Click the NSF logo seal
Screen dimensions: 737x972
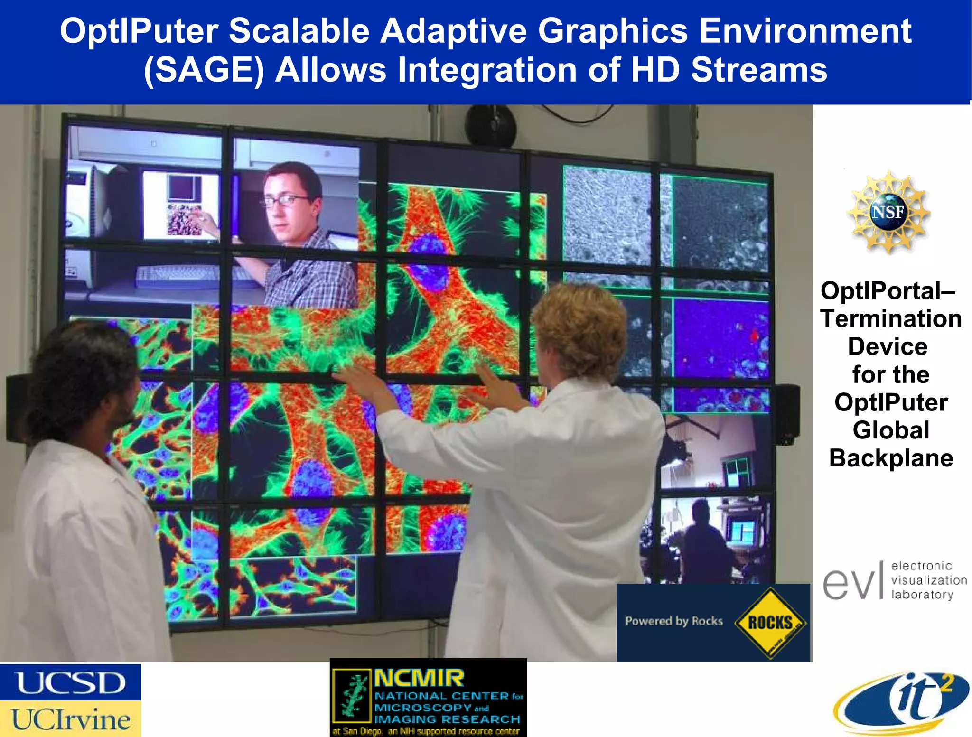coord(888,212)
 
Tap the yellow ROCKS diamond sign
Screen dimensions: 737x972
coord(770,622)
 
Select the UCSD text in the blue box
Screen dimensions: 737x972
coord(70,682)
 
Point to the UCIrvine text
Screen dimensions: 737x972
coord(70,719)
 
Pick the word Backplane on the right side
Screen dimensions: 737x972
coord(891,458)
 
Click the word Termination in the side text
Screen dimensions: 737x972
coord(891,318)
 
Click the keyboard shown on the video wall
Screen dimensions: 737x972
coord(190,275)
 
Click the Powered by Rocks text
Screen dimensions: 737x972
coord(673,621)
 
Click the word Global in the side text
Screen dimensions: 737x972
coord(891,430)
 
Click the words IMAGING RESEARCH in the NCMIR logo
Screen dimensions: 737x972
coord(447,719)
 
